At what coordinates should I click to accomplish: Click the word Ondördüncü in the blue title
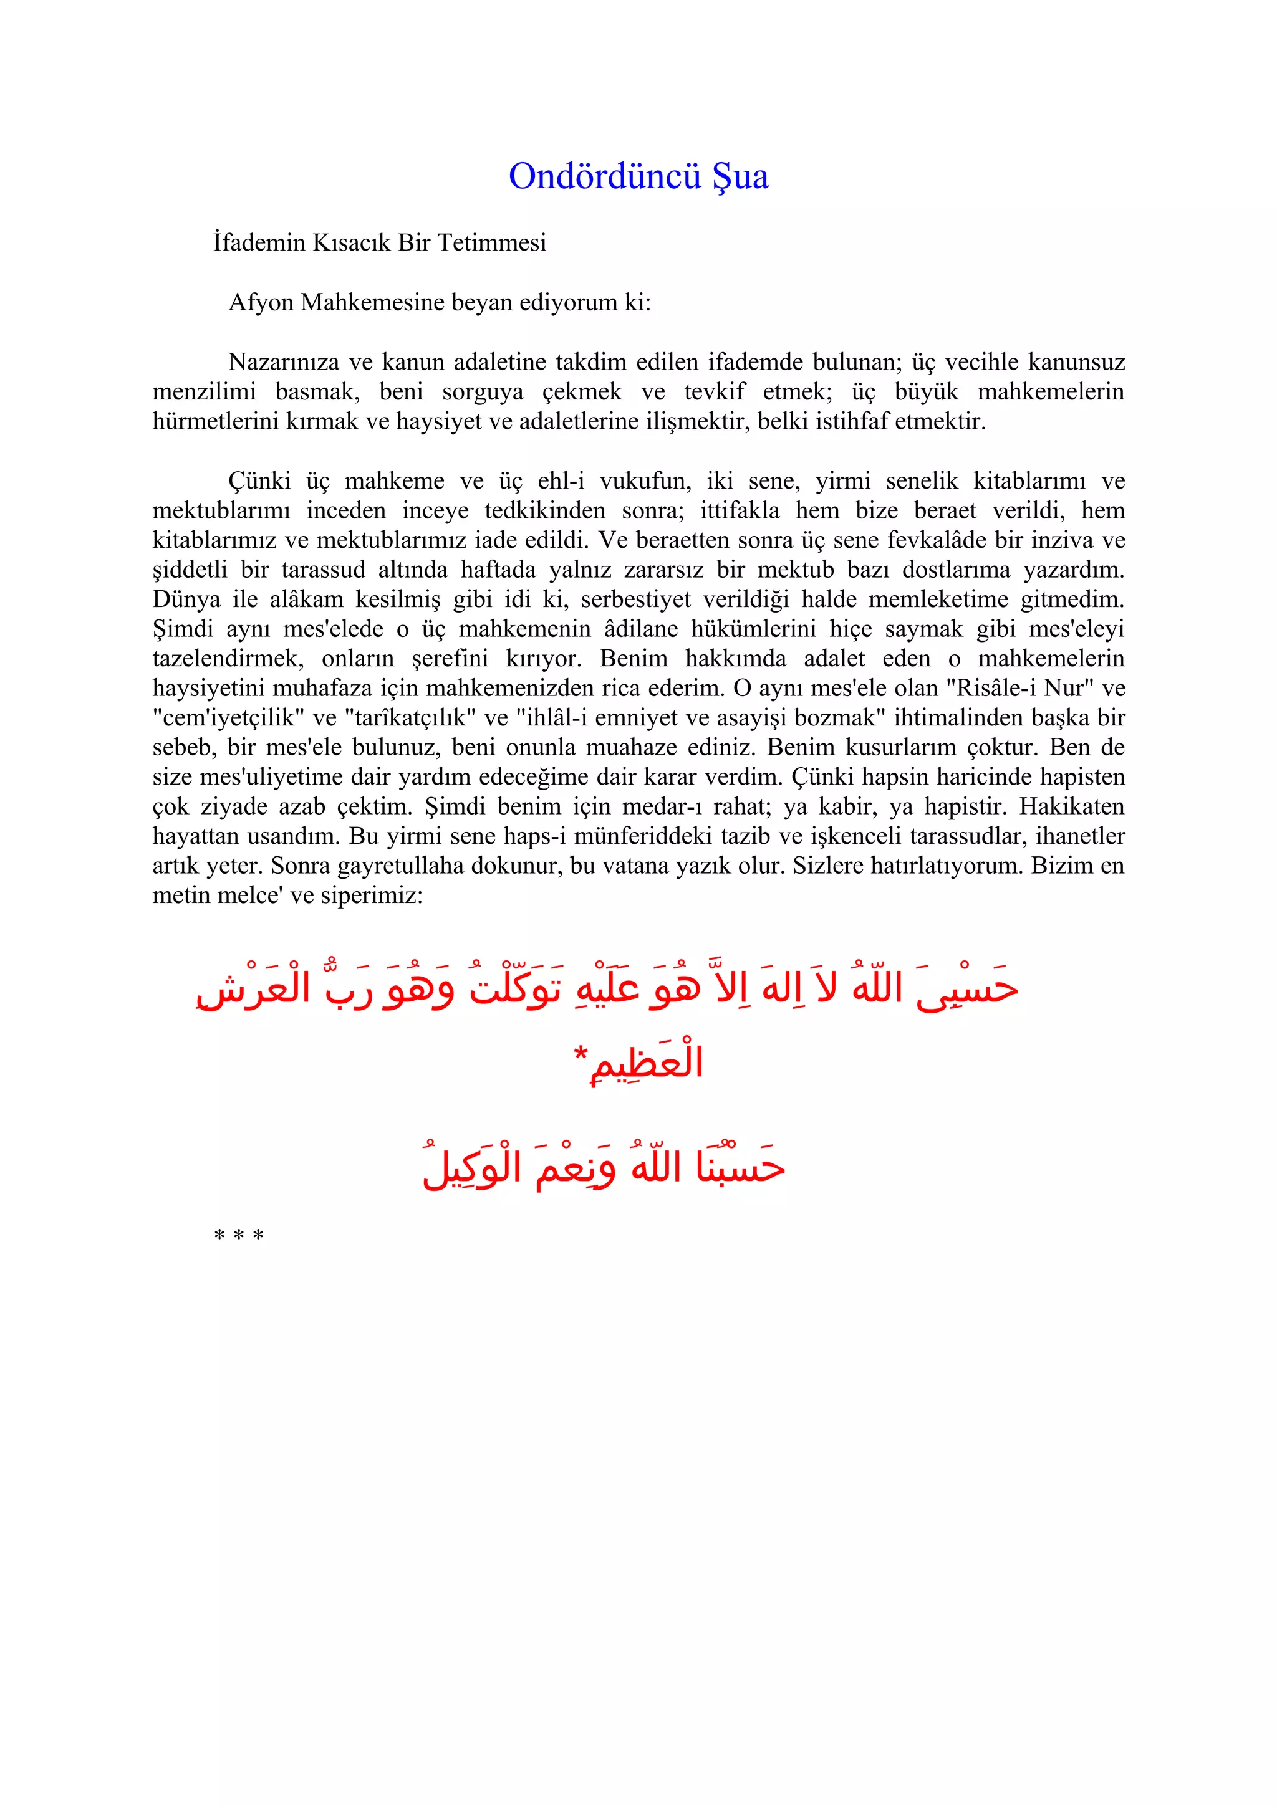click(604, 176)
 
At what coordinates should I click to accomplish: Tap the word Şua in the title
click(740, 176)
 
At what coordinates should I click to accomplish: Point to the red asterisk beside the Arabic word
click(581, 1053)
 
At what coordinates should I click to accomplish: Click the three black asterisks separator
click(238, 1236)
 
